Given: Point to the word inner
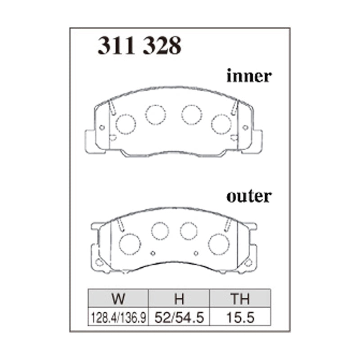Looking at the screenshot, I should [x=249, y=76].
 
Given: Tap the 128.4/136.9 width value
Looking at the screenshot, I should [x=118, y=318].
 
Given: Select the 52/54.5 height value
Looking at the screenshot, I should [x=179, y=318].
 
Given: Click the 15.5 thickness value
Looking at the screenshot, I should [x=241, y=318].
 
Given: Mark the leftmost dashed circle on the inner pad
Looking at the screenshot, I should [x=126, y=124].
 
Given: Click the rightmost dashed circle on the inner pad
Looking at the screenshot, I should [x=221, y=124].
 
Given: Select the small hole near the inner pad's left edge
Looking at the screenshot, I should [x=102, y=127].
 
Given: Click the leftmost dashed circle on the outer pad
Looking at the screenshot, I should [x=130, y=243].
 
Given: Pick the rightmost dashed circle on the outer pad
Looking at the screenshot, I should [x=219, y=243].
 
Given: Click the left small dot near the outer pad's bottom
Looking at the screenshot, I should [x=153, y=252].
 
